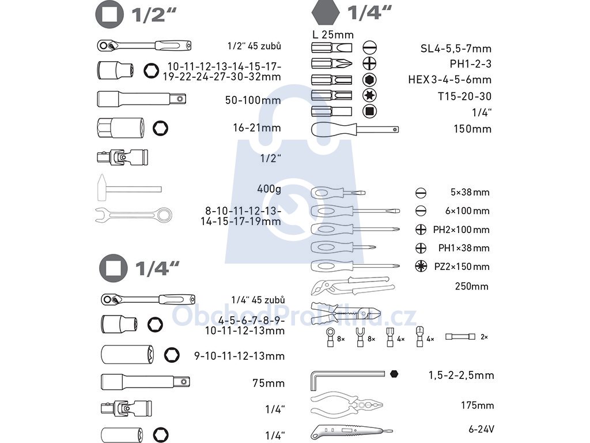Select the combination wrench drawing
[134, 215]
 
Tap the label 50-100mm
[253, 100]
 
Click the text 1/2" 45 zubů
[254, 46]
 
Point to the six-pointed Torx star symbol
[369, 95]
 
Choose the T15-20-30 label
[465, 96]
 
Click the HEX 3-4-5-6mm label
[450, 80]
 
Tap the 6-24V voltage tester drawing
[351, 430]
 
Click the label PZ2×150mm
[462, 266]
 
